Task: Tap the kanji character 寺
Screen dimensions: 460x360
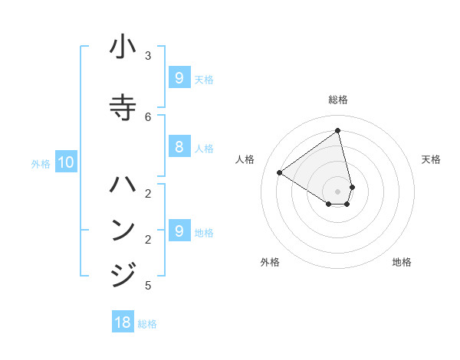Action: coord(123,106)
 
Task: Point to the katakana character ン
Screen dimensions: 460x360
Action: coord(123,230)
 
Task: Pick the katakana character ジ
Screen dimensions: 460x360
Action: coord(123,273)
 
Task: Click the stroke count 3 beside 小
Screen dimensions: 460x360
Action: coord(148,55)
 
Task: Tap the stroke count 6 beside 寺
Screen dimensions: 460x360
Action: coord(148,116)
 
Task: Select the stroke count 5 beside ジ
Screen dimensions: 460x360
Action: coord(148,286)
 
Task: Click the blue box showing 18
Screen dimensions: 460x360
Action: coord(123,322)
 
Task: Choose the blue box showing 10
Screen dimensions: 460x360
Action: coord(66,162)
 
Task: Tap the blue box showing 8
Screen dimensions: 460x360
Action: coord(179,147)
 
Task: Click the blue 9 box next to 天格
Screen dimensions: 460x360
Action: coord(179,78)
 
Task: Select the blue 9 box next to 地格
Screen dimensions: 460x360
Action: coord(179,231)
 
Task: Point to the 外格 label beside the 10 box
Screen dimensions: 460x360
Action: coord(40,163)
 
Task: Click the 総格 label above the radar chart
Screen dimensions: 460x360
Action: coord(338,100)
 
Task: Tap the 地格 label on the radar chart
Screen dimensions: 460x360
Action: coord(402,262)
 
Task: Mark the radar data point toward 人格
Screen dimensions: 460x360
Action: coord(279,172)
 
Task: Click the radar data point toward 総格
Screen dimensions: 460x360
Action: coord(338,130)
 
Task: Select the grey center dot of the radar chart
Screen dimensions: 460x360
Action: coord(338,191)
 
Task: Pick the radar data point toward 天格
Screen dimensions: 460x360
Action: coord(352,187)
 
